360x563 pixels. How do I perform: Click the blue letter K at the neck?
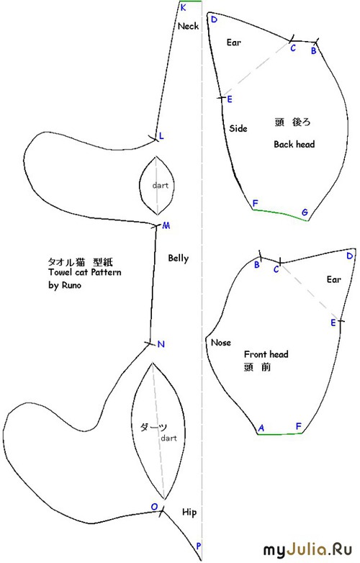[x=183, y=7]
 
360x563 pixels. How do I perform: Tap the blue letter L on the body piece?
[x=161, y=136]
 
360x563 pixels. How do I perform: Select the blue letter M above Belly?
[x=166, y=225]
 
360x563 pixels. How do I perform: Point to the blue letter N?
[x=161, y=344]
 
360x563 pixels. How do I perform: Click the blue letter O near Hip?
[x=154, y=507]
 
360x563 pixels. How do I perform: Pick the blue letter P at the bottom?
[x=199, y=546]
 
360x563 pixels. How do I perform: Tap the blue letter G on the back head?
[x=305, y=212]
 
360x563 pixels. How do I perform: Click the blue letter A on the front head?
[x=261, y=428]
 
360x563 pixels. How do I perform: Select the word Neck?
[x=188, y=26]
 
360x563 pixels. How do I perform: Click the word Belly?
[x=179, y=258]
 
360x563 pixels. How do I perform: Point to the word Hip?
[x=189, y=512]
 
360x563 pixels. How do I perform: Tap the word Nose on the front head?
[x=221, y=343]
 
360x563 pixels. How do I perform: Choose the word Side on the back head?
[x=238, y=128]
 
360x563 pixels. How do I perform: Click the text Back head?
[x=294, y=144]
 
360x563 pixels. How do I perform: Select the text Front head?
[x=266, y=354]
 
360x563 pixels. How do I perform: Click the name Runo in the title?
[x=71, y=285]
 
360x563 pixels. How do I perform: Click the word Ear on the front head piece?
[x=334, y=279]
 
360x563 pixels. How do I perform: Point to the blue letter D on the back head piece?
[x=214, y=19]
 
